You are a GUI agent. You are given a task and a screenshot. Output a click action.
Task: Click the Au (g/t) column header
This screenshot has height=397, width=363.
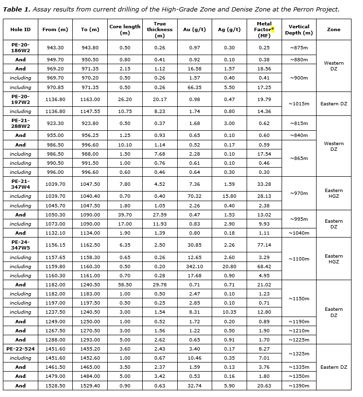[x=194, y=30]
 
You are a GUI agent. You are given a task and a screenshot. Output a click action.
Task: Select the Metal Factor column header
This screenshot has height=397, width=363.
[x=264, y=30]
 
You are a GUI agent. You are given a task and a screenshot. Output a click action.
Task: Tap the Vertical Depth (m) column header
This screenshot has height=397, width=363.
[x=299, y=30]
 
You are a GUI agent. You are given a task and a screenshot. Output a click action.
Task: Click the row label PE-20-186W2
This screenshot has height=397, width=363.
[x=21, y=47]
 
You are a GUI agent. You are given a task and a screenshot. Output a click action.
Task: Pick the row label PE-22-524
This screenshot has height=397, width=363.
[x=21, y=349]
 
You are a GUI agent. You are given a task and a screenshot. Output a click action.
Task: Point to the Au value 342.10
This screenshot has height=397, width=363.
[x=194, y=266]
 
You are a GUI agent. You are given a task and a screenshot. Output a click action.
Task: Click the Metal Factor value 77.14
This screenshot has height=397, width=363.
[x=264, y=245]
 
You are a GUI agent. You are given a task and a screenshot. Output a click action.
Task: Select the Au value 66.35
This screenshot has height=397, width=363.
[x=194, y=87]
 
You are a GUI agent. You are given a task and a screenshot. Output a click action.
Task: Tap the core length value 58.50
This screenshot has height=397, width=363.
[x=125, y=284]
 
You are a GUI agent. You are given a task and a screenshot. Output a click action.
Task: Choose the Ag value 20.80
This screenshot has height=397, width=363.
[x=229, y=266]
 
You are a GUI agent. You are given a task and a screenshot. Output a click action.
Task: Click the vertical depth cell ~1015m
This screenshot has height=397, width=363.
[x=299, y=104]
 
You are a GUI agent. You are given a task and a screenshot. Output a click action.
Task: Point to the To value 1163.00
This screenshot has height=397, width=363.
[x=91, y=99]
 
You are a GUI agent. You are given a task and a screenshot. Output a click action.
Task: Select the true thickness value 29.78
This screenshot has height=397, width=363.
[x=160, y=284]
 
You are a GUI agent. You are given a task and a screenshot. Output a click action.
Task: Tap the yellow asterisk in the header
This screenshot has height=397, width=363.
[x=272, y=29]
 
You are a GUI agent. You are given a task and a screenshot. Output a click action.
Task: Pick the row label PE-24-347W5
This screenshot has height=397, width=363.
[x=21, y=245]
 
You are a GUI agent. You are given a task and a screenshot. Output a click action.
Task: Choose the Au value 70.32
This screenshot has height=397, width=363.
[x=194, y=196]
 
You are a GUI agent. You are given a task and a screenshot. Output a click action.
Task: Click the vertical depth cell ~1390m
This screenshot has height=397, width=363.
[x=299, y=386]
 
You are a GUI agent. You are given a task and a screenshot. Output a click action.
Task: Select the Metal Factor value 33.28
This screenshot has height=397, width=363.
[x=264, y=184]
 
